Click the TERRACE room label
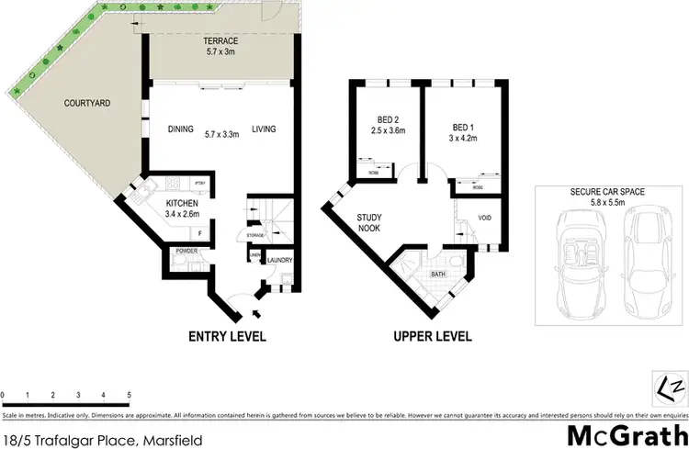(220, 42)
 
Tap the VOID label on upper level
(485, 219)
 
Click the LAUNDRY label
(278, 261)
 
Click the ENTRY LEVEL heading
(227, 336)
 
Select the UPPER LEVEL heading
(433, 336)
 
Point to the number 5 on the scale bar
(129, 395)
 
